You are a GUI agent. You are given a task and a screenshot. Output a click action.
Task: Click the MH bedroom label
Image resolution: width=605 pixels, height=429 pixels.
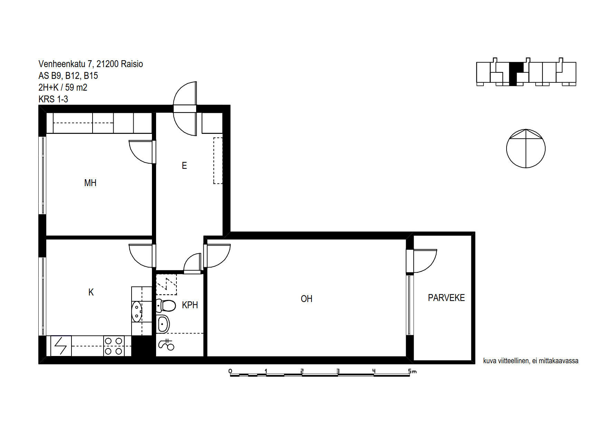tap(90, 183)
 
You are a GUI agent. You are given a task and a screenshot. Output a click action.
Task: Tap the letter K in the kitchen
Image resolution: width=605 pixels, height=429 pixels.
tap(91, 292)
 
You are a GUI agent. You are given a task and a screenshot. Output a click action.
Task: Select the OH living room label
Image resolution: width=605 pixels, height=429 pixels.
tap(306, 299)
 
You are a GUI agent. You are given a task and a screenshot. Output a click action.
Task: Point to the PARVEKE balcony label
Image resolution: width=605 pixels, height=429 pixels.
tap(446, 298)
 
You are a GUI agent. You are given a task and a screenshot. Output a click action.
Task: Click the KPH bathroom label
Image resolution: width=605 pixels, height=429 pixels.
tap(190, 305)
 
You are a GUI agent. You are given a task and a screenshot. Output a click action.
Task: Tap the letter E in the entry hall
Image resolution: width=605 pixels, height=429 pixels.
tap(184, 166)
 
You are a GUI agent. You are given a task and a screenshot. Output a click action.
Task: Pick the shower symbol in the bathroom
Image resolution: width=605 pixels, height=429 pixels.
tap(166, 345)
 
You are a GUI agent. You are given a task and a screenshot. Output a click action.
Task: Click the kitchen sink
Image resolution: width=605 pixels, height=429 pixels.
tap(137, 311)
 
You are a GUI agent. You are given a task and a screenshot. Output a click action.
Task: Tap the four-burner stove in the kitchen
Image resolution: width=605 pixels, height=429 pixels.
tap(114, 346)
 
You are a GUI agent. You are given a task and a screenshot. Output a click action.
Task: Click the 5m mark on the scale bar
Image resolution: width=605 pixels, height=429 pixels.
tap(412, 371)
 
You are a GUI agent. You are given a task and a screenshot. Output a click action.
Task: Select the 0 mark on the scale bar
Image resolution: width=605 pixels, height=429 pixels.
tap(230, 371)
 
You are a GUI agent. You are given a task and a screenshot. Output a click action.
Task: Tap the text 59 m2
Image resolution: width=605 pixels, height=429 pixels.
tap(76, 88)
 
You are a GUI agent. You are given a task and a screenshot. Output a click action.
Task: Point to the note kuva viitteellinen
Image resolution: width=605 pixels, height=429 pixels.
tap(531, 361)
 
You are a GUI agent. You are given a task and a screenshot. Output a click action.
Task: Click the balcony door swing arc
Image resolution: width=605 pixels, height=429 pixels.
tap(432, 264)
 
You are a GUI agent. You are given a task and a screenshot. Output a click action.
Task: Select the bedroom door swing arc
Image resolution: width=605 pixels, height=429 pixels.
tap(135, 156)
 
